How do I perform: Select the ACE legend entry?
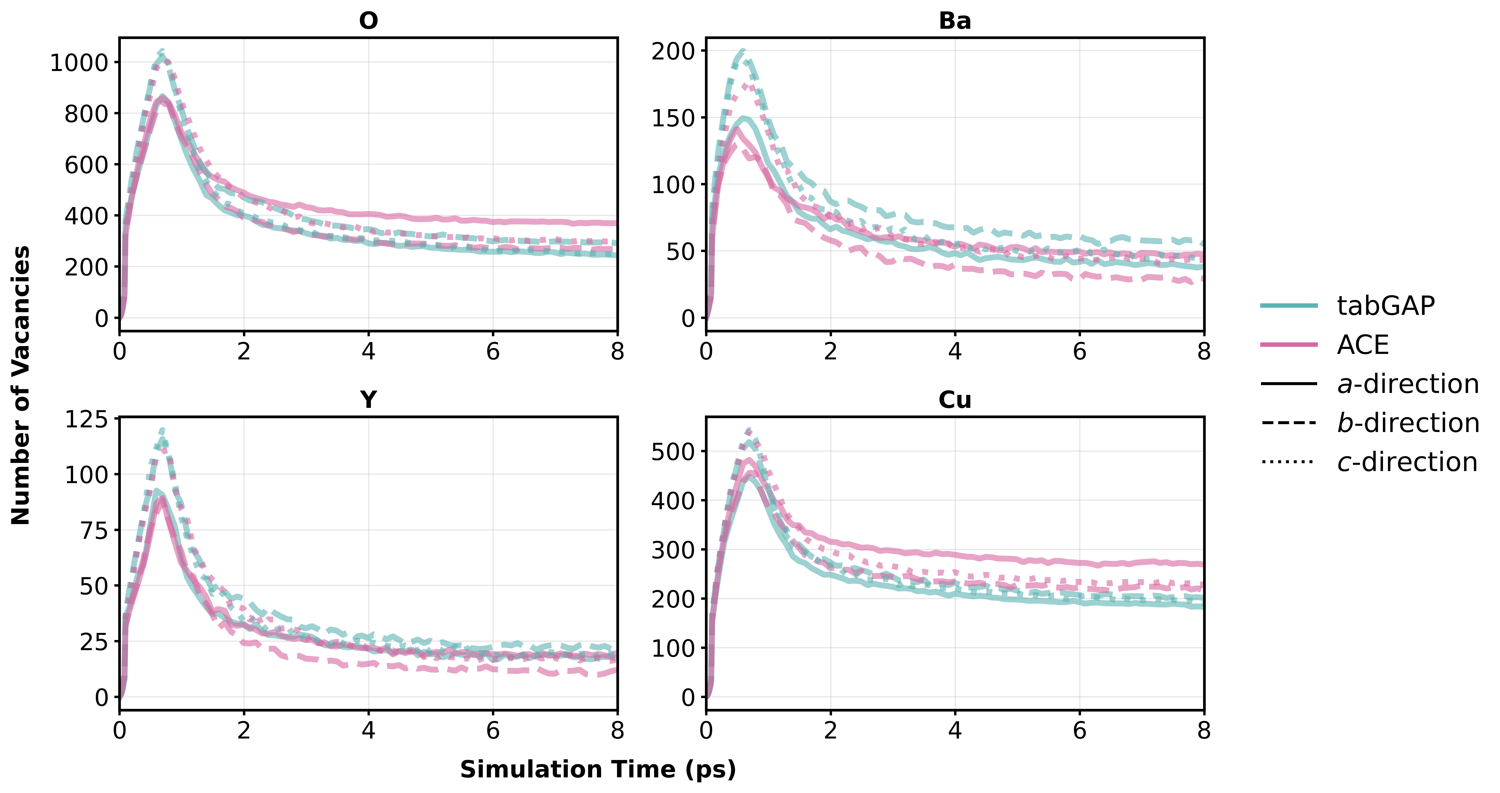[x=1363, y=345]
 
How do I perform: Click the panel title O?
[x=368, y=21]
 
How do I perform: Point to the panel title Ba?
[x=955, y=21]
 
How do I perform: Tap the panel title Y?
[x=368, y=399]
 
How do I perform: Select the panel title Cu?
[x=955, y=399]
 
